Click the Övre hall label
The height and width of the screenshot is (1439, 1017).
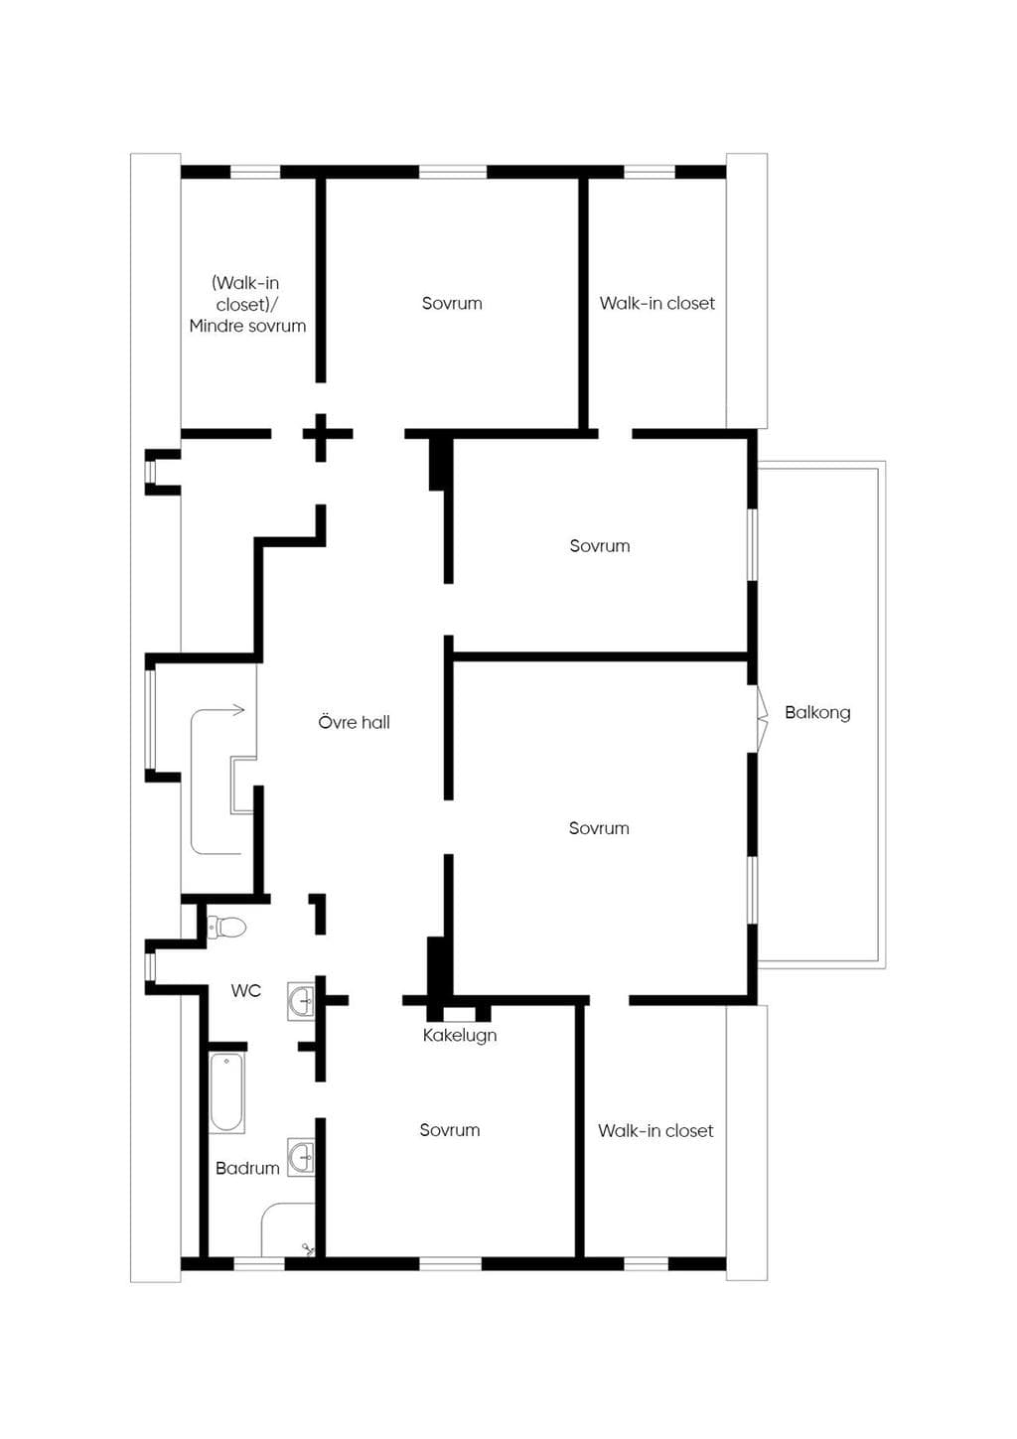(354, 722)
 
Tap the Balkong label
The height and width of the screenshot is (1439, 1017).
(817, 712)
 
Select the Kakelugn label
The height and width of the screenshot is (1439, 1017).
(460, 1035)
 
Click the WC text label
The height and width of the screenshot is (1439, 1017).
(246, 990)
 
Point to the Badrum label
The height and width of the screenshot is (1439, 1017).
(247, 1168)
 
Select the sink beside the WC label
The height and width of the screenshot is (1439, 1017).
(301, 1001)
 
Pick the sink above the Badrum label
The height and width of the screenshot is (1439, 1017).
(301, 1158)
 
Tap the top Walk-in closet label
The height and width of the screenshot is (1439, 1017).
(656, 303)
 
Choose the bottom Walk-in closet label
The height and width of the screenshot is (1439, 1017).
(655, 1130)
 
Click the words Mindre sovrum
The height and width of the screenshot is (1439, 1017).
(247, 326)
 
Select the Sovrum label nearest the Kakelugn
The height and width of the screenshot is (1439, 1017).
(449, 1130)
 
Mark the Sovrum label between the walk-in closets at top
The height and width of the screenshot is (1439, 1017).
(452, 303)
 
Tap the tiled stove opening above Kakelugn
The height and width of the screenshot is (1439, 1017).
(460, 1014)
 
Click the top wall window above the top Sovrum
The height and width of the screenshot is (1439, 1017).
(453, 172)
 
